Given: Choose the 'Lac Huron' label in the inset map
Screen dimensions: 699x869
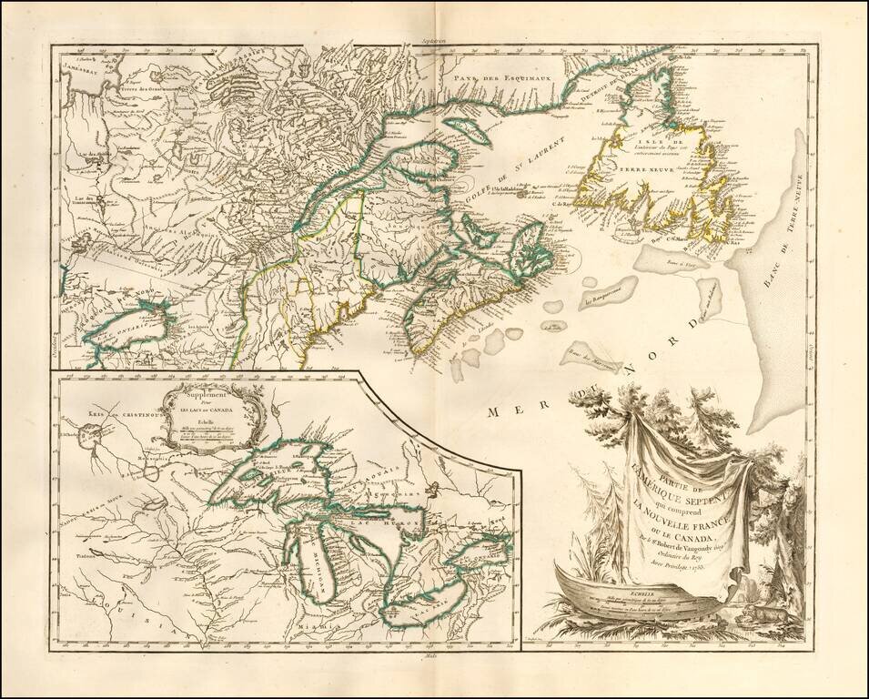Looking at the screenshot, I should pos(397,526).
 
